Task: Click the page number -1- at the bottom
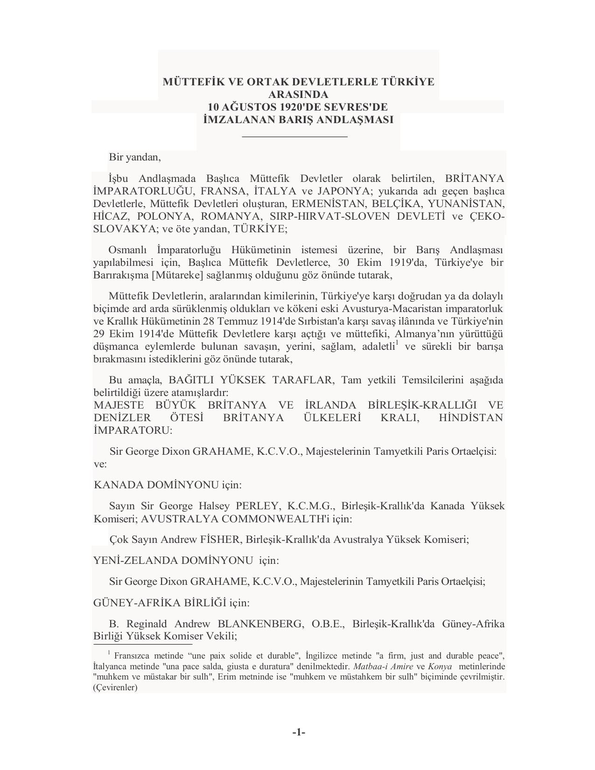(x=299, y=732)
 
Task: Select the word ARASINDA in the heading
(x=298, y=94)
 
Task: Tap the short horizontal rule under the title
(x=295, y=137)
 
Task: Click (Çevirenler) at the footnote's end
(x=115, y=687)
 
